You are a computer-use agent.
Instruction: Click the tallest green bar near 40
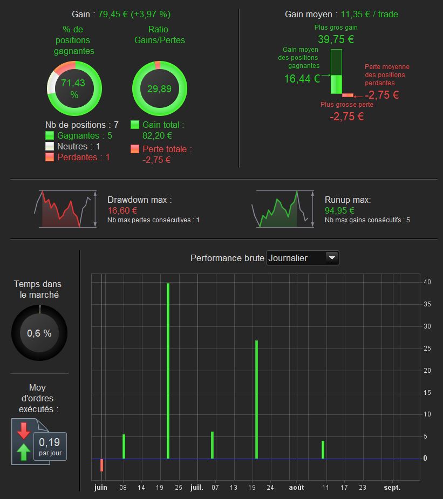point(168,371)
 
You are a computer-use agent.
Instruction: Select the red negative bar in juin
point(101,465)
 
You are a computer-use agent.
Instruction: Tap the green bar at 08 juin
point(124,446)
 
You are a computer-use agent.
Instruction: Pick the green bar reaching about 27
point(256,399)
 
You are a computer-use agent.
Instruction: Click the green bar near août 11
point(323,449)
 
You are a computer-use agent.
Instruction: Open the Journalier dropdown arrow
point(332,258)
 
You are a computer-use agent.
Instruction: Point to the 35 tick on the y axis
point(427,304)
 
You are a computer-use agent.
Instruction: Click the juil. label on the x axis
point(197,488)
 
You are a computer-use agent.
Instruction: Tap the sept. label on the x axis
point(392,488)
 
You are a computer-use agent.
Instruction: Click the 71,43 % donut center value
point(74,88)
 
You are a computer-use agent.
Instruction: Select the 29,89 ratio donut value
point(159,88)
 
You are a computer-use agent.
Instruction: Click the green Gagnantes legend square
point(50,136)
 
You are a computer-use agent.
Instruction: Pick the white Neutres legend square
point(50,147)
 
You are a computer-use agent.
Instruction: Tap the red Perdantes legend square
point(50,158)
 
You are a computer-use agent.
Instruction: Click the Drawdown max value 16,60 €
point(122,210)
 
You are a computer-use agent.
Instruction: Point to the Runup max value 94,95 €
point(339,210)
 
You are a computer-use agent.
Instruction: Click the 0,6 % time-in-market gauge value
point(39,333)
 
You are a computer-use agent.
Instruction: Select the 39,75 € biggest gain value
point(336,39)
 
